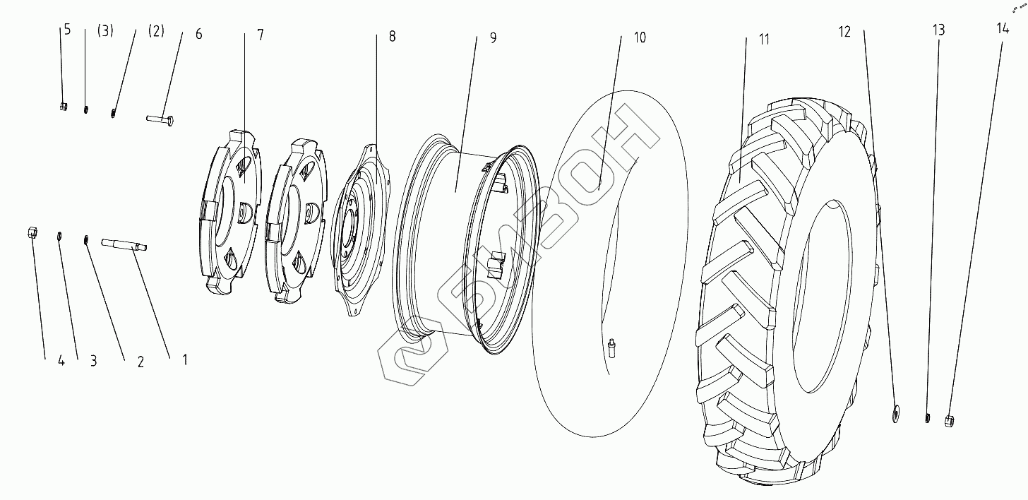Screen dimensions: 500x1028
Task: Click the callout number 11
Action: click(x=764, y=39)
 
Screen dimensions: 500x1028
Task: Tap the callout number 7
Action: click(x=261, y=35)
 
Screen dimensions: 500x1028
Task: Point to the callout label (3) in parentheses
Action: click(x=105, y=31)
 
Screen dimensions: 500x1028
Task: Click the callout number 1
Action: click(x=184, y=359)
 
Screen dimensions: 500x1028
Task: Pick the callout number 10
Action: click(x=639, y=37)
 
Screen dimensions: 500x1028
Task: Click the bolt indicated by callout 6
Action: click(x=161, y=119)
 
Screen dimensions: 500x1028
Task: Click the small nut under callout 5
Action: click(x=64, y=106)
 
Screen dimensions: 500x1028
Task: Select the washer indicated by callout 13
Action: click(x=927, y=418)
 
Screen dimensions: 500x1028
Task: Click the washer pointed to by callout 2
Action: click(x=86, y=240)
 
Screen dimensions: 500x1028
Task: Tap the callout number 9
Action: click(x=493, y=37)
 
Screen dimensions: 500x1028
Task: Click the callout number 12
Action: click(x=845, y=32)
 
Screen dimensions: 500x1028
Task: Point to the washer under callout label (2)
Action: click(x=113, y=112)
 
